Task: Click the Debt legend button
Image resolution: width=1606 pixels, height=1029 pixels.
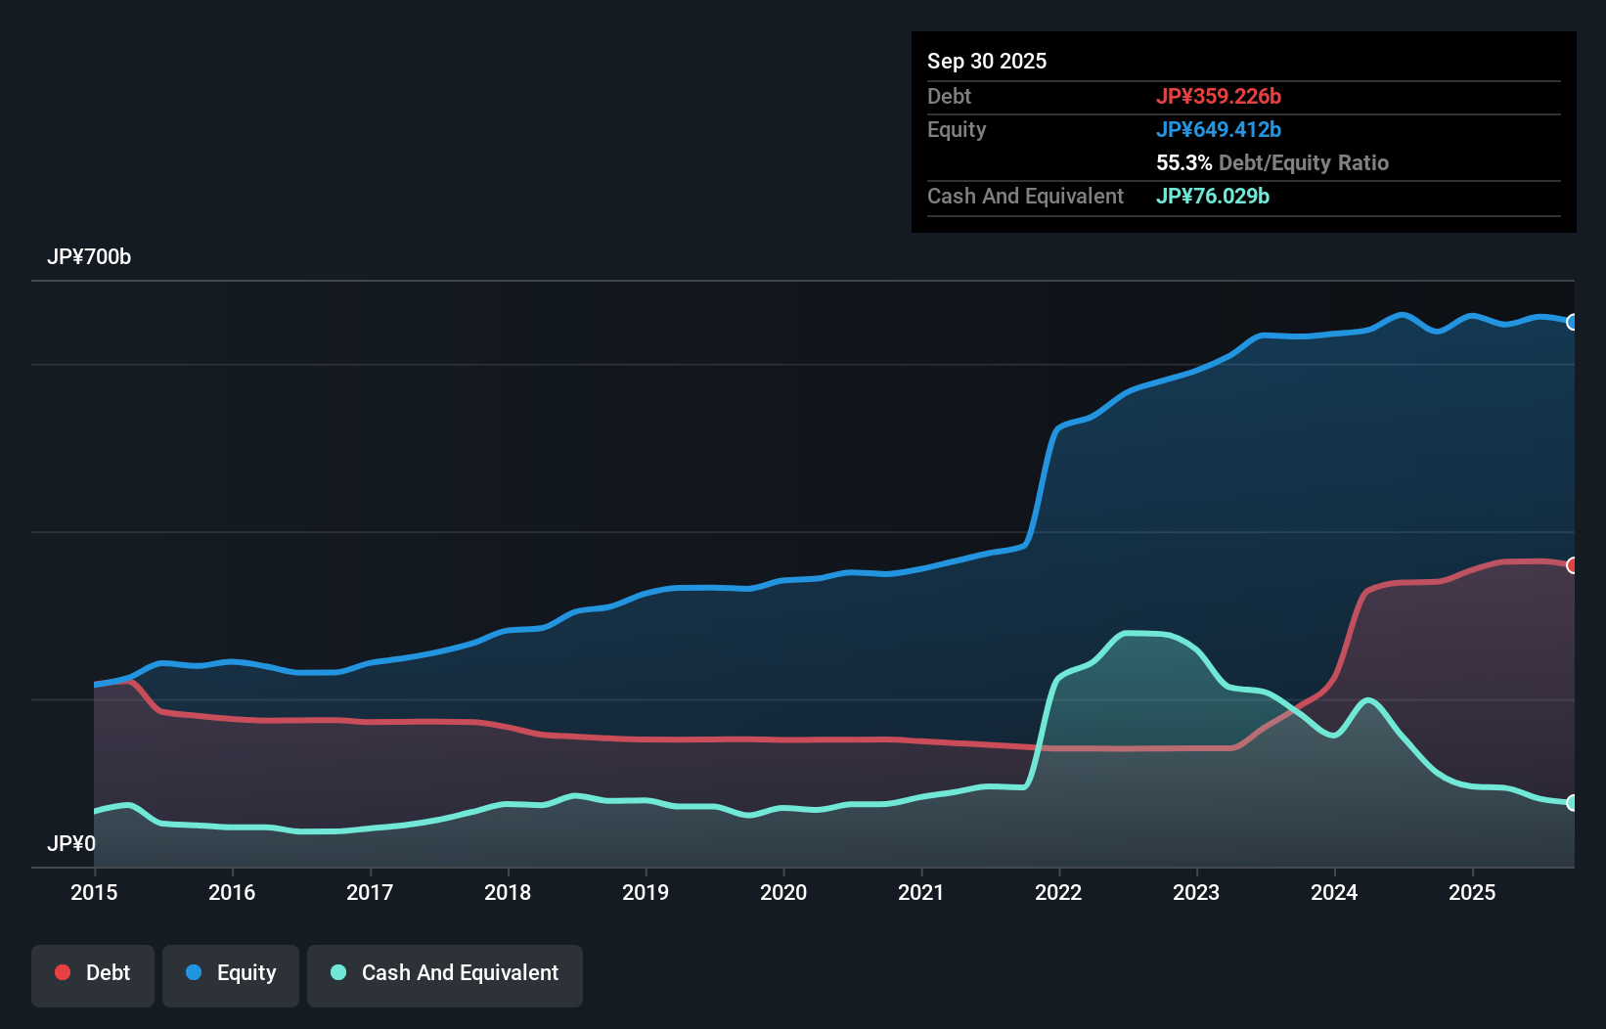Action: [x=93, y=973]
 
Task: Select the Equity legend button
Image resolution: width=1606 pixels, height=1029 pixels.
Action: [x=231, y=973]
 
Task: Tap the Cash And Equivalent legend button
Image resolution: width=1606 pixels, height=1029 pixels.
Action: [x=445, y=973]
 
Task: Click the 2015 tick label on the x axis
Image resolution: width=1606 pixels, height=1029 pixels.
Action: [x=94, y=892]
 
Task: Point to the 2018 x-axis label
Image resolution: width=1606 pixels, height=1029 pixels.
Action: [x=508, y=892]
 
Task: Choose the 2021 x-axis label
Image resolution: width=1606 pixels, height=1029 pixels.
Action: [x=921, y=892]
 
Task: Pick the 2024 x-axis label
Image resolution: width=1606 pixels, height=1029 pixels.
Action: [x=1334, y=892]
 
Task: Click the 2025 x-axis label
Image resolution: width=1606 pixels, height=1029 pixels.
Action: [x=1472, y=892]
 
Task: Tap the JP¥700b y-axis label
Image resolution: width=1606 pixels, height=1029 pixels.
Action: [x=89, y=257]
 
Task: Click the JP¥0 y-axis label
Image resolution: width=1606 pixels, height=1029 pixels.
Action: [x=71, y=843]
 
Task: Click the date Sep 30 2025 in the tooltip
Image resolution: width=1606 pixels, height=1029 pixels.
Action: [x=987, y=62]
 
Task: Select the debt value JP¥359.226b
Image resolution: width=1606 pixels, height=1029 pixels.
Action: [x=1219, y=96]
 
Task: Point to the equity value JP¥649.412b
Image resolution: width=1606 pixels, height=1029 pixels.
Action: [x=1219, y=129]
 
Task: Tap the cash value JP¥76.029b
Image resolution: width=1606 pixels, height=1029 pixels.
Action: [x=1213, y=196]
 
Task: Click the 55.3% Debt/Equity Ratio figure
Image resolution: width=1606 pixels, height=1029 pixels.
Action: [x=1271, y=162]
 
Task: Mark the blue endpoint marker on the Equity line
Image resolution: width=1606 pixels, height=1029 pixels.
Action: [x=1573, y=322]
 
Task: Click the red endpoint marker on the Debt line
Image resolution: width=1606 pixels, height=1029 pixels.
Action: [x=1573, y=565]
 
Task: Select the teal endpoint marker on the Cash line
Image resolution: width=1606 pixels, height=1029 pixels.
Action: [x=1573, y=803]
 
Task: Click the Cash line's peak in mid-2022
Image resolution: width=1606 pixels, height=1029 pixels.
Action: [x=1135, y=633]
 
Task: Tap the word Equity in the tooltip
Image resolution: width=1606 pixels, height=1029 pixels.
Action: [x=957, y=129]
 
